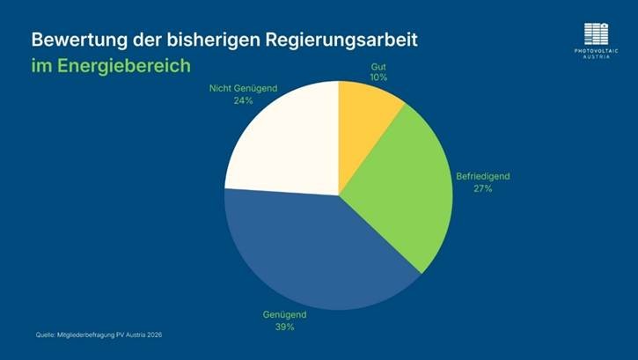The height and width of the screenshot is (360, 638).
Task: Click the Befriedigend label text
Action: tap(481, 176)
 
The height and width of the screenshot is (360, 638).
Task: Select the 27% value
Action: tap(481, 188)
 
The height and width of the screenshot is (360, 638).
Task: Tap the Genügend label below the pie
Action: tap(284, 314)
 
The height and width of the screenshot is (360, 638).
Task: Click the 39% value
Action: tap(284, 327)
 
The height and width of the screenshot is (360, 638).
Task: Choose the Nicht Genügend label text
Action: tap(244, 88)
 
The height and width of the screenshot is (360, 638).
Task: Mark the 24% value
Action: tap(244, 100)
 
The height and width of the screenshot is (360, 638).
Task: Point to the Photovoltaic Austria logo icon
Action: tap(596, 33)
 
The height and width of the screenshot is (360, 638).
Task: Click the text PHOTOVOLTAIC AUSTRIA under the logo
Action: tap(596, 53)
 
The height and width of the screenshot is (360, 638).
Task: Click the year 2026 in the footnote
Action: tap(153, 335)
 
